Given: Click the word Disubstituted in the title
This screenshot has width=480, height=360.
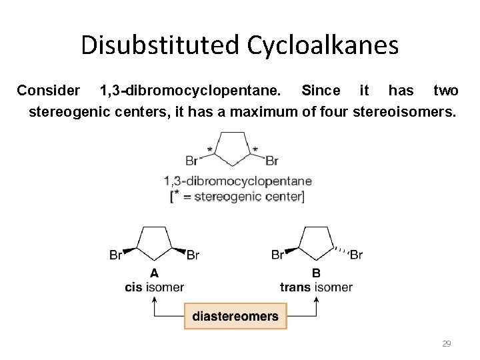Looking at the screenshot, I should pos(160,46).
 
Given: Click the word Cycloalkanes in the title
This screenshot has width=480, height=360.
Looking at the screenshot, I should pos(323,46).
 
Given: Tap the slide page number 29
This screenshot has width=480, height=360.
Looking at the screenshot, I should pos(447,343).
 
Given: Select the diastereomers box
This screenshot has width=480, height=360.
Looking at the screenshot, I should pos(235,316).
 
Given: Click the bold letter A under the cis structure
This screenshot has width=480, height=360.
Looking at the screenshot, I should pos(155,273).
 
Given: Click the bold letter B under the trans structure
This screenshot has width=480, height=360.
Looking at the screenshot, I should pos(316,273).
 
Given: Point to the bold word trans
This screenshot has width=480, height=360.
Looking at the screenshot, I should pos(295,287).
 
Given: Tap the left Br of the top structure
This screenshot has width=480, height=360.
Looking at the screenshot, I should pos(192,161).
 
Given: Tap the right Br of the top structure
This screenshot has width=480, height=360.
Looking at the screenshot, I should pos(272,161).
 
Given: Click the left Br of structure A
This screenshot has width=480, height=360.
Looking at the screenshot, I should pos(116,255).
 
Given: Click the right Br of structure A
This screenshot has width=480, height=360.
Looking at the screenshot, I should pos(193,255).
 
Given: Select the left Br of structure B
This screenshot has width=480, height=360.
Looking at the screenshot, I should pos(278,255).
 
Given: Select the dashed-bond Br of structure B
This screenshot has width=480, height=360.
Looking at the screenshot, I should pos(357,255).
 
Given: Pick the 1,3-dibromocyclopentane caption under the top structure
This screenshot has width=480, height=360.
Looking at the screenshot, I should pos(238,181).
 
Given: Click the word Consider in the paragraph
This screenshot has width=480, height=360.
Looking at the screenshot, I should pos(48,90).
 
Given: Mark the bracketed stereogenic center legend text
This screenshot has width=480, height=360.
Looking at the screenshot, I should pos(238,197).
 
